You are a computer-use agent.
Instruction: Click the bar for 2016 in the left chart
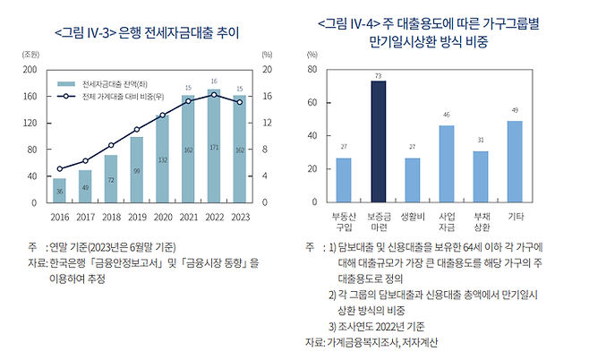(59, 190)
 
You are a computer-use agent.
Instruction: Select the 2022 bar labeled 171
(213, 146)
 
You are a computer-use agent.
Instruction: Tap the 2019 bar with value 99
(136, 169)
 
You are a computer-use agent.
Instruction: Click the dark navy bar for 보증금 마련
(379, 141)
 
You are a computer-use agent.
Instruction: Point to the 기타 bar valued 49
(515, 162)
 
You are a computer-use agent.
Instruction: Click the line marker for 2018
(111, 145)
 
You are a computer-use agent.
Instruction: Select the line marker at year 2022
(213, 95)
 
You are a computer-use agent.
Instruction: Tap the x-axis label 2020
(162, 217)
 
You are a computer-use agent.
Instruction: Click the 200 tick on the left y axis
(30, 69)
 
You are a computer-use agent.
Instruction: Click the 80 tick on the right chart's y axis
(311, 69)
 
